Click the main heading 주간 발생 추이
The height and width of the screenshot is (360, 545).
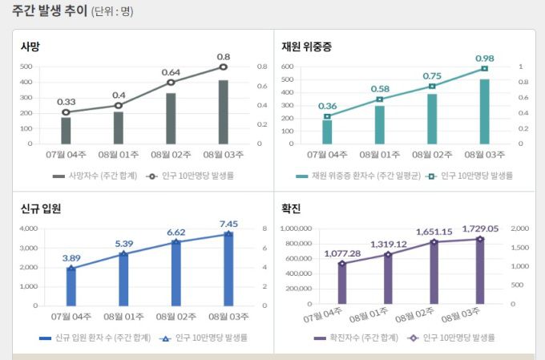coord(46,12)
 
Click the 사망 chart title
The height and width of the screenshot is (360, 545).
coord(30,47)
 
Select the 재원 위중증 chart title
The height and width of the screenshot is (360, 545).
coord(306,47)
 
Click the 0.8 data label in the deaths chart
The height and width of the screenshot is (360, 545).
coord(224,57)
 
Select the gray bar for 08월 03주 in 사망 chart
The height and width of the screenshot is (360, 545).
coord(223,111)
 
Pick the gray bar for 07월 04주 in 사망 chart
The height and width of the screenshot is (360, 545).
coord(66,130)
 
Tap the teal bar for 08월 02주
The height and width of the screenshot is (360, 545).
coord(432,119)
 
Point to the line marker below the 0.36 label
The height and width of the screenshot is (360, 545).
coord(327,117)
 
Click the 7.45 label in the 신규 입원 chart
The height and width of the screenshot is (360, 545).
coord(229,224)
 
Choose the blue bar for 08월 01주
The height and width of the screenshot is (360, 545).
coord(123,279)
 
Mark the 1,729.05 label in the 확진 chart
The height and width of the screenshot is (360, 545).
coord(479,229)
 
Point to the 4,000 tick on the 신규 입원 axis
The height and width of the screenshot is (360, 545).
coord(27,229)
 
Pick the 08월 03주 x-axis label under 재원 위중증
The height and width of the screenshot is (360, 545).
coord(485,155)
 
